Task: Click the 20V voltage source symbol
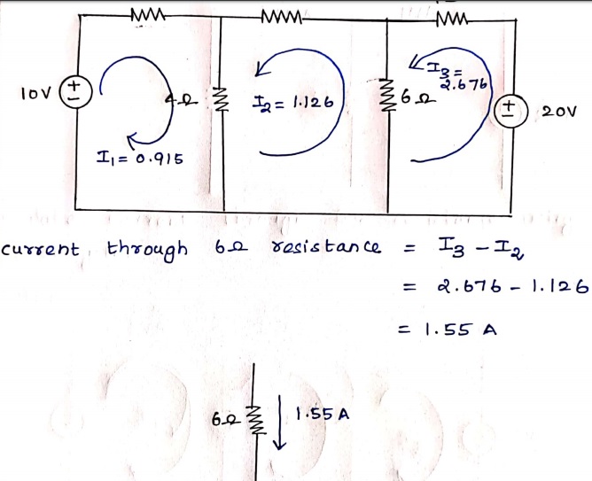click(510, 110)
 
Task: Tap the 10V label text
click(35, 91)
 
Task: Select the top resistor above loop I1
click(144, 15)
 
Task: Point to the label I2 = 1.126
click(291, 102)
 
